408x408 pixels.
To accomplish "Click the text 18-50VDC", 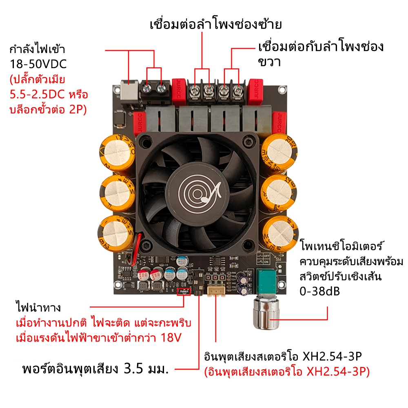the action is click(x=38, y=64).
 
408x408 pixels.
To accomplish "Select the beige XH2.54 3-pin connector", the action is click(x=216, y=291).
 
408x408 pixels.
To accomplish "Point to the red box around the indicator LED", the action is click(x=184, y=292).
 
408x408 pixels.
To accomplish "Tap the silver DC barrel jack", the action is click(x=130, y=94).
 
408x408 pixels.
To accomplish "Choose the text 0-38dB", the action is click(x=320, y=291).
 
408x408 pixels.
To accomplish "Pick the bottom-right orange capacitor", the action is click(x=280, y=233).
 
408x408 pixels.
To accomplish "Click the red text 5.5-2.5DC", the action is click(x=37, y=95).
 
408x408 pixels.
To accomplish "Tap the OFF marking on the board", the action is click(x=266, y=256).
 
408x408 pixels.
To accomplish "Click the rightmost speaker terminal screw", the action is click(x=237, y=91).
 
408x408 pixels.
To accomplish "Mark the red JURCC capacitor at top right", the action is click(x=255, y=91).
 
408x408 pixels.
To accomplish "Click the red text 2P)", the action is click(x=78, y=109).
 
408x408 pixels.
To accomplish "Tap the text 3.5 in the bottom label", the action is click(x=133, y=369).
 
